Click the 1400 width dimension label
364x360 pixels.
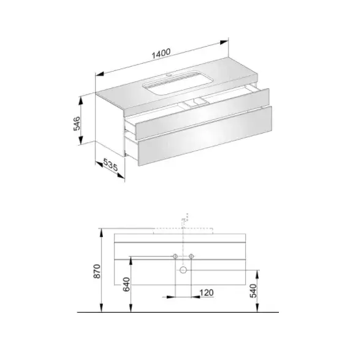point(161,53)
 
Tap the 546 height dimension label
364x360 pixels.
point(77,124)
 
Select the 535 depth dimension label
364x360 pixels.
point(110,165)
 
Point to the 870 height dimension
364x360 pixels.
point(97,271)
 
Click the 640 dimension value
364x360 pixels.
point(126,284)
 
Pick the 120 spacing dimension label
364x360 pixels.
point(207,293)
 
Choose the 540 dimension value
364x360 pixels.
point(253,291)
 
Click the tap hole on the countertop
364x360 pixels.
point(169,75)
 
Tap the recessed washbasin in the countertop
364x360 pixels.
point(178,83)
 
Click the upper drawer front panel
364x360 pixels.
point(203,114)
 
